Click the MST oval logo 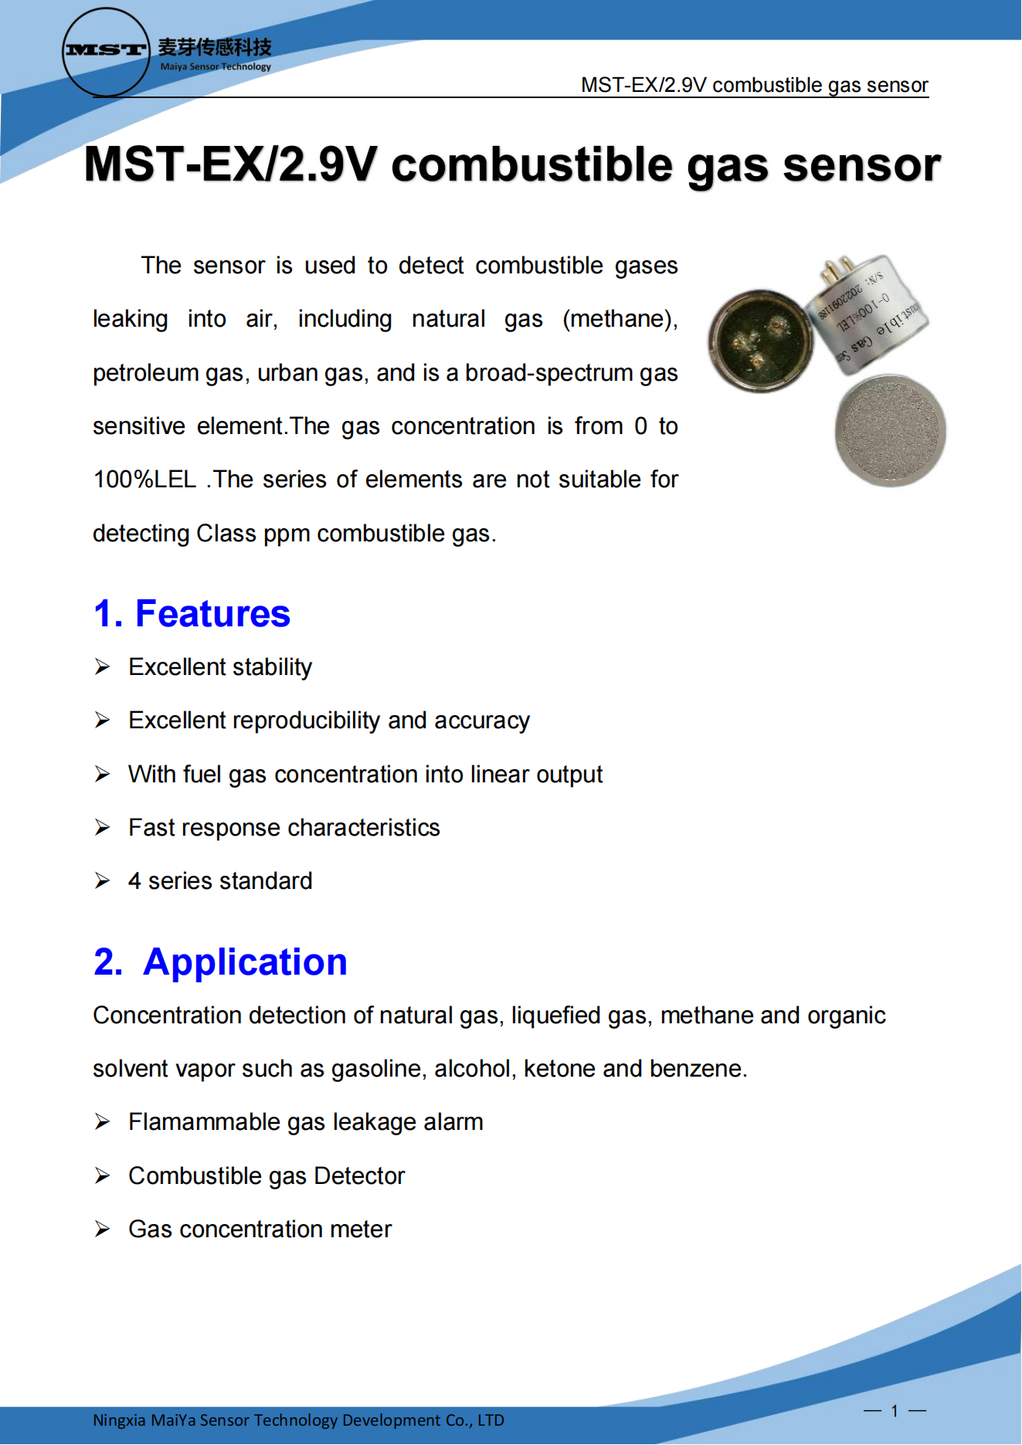point(106,52)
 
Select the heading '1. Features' point(192,614)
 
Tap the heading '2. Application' point(220,962)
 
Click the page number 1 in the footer point(895,1411)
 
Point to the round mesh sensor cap point(890,431)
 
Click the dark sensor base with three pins point(761,341)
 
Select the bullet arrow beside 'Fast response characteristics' point(102,828)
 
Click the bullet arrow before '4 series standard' point(102,881)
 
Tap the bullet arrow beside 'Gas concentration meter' point(102,1230)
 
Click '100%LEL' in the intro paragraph point(144,480)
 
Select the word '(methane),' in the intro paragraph point(620,319)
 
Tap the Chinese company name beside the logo point(215,48)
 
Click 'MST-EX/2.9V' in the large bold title point(230,165)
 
